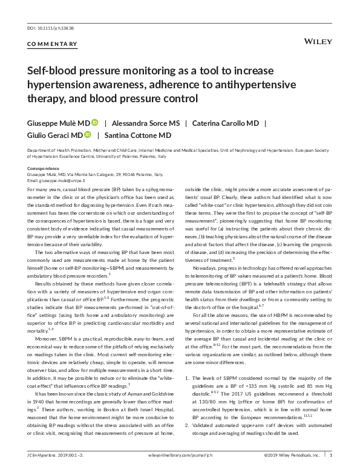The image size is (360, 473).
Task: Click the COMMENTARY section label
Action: tap(53, 44)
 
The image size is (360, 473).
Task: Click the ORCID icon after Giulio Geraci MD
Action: tap(88, 135)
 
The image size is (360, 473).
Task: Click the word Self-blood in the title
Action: tap(53, 71)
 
